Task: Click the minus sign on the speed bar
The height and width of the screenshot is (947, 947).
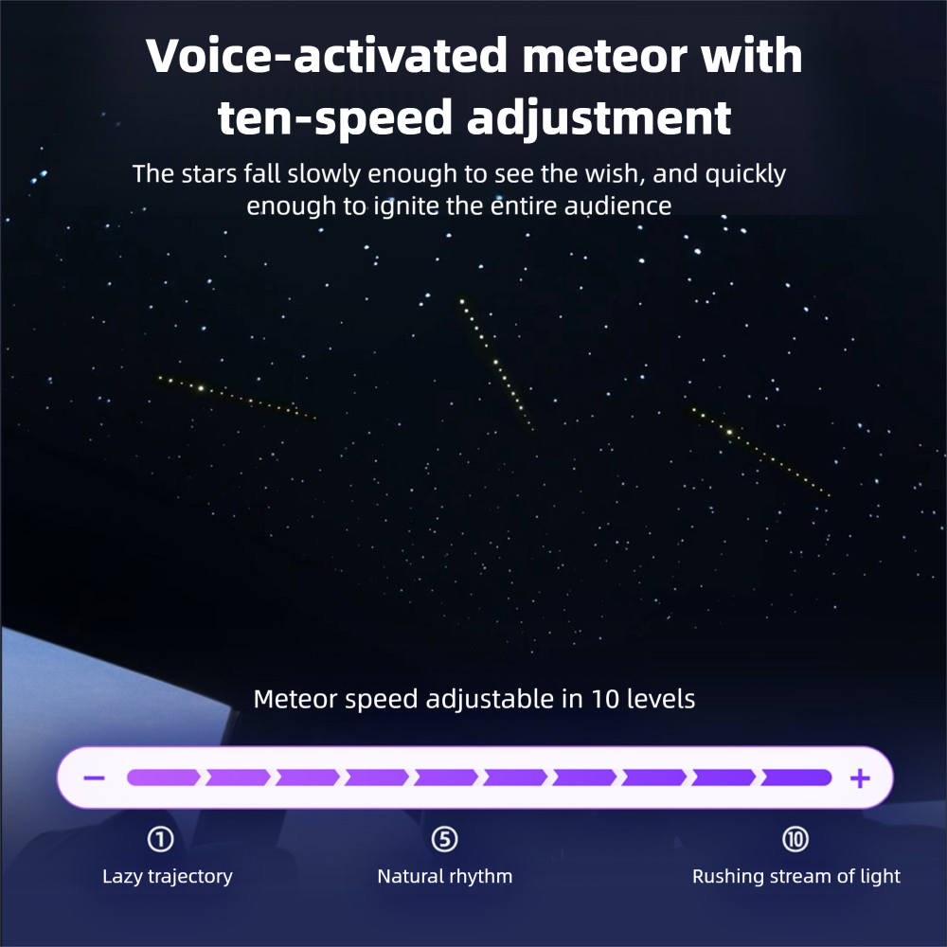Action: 94,777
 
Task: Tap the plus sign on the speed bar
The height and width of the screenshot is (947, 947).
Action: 860,777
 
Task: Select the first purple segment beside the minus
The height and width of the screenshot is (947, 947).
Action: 163,777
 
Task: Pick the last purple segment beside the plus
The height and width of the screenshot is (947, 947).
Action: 796,777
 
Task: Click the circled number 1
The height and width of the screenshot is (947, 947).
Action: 161,839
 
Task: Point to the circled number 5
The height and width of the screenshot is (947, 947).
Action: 444,839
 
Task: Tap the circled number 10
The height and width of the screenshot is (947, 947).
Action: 795,839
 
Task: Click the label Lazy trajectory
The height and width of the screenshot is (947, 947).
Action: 168,876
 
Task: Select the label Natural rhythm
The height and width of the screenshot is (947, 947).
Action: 444,876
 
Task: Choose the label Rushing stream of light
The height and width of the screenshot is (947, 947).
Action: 796,876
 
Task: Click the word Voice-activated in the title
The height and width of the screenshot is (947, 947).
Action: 327,56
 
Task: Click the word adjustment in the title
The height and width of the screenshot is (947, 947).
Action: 599,117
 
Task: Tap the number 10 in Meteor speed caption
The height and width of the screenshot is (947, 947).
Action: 604,699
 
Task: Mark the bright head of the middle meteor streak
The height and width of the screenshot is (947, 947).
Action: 463,301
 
